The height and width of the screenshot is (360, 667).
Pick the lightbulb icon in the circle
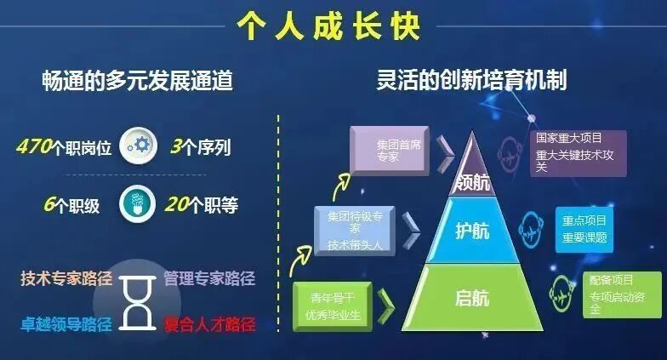[x=136, y=205]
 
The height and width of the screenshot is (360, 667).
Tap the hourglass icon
[x=135, y=300]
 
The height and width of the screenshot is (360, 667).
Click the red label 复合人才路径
[x=209, y=324]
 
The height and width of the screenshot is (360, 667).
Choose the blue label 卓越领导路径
[x=66, y=324]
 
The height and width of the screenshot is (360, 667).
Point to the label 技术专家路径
[x=66, y=278]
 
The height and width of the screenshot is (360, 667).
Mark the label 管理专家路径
[x=208, y=278]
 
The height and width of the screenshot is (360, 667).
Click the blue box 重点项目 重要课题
[x=584, y=229]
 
